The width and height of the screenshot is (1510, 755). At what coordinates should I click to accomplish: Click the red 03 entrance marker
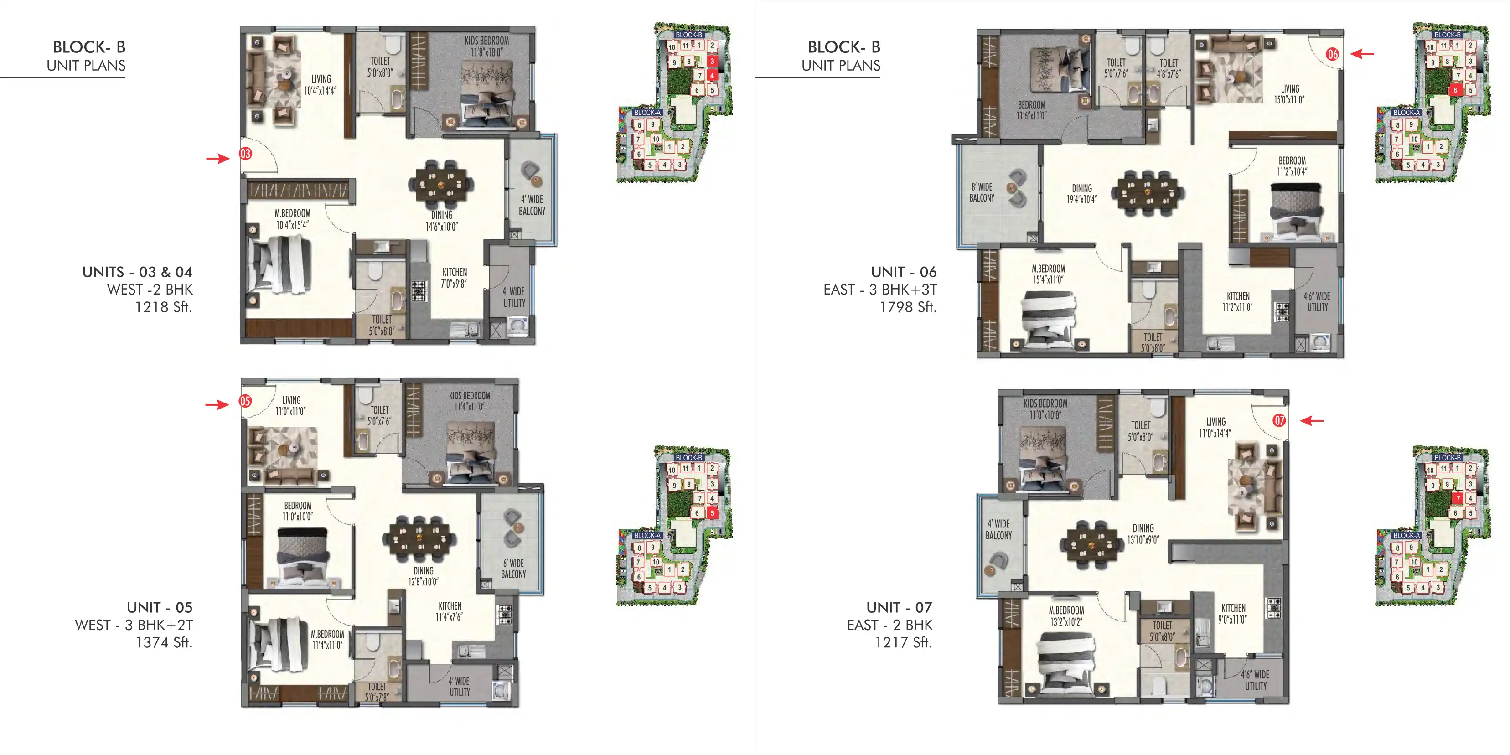tap(245, 154)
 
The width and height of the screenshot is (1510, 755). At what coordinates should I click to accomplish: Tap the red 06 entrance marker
tap(1332, 55)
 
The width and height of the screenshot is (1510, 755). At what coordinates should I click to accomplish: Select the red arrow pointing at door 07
tap(1312, 420)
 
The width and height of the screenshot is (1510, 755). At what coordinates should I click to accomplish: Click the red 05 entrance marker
tap(245, 401)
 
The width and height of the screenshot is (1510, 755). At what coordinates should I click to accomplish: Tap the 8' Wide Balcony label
tap(982, 192)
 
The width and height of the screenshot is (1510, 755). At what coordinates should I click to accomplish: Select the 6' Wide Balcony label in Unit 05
tap(513, 569)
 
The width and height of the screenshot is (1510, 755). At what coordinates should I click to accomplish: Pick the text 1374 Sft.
tap(164, 642)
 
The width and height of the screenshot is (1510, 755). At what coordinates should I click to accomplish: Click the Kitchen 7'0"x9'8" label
tap(454, 278)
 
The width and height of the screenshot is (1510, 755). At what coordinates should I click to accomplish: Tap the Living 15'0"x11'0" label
tap(1290, 94)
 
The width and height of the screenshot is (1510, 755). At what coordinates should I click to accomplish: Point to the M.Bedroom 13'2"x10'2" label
tap(1066, 616)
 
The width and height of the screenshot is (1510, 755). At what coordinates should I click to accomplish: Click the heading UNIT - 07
tap(899, 607)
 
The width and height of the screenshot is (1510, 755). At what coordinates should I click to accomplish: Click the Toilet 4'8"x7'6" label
tap(1169, 68)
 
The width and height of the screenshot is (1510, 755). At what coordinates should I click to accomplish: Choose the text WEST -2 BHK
tap(150, 290)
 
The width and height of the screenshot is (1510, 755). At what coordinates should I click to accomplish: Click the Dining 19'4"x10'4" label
tap(1081, 193)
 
